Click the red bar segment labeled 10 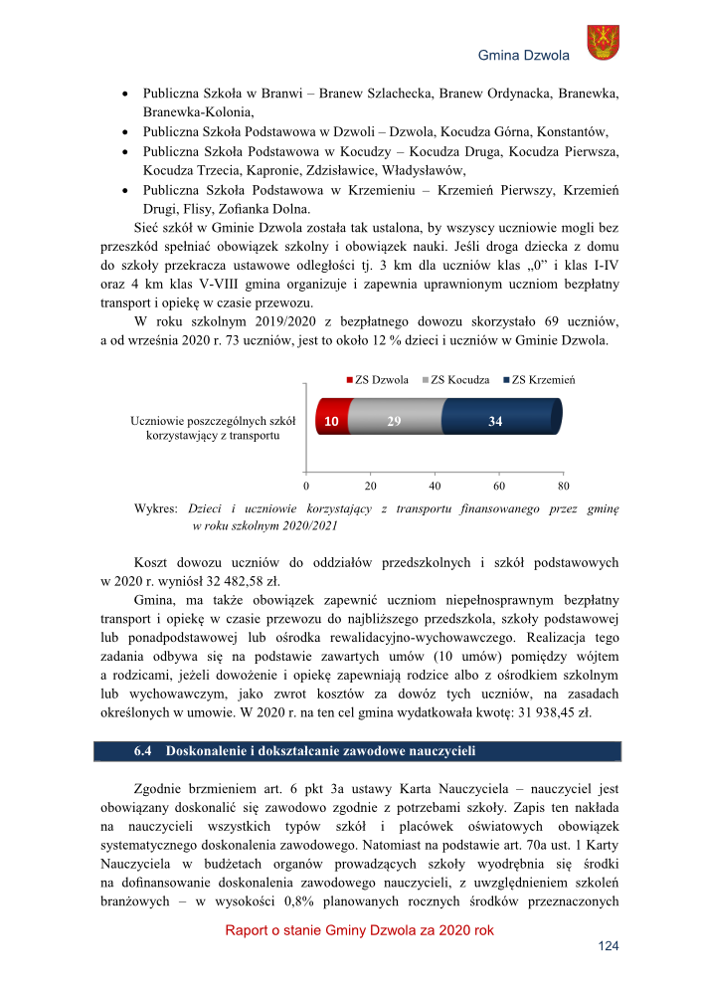point(330,422)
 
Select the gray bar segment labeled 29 point(394,422)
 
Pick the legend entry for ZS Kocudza point(457,380)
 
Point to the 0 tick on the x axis point(306,487)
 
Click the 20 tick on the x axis point(370,487)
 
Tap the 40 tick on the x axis point(435,487)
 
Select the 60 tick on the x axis point(499,487)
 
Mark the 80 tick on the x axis point(564,487)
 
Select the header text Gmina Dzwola point(523,55)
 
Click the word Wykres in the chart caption point(155,508)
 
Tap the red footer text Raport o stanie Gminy point(298,930)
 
